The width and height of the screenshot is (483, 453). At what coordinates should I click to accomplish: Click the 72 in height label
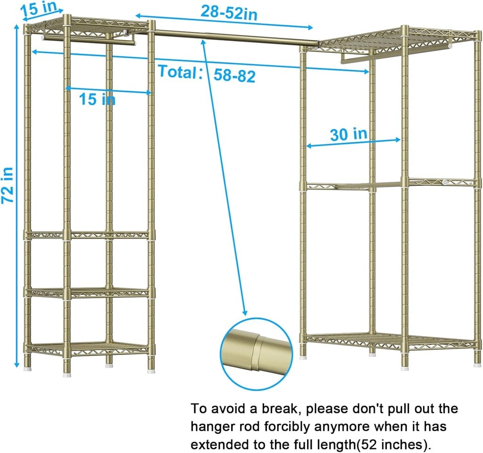8,185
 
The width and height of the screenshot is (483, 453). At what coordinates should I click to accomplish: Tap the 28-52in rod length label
229,13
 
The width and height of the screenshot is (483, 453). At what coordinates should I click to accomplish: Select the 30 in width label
349,134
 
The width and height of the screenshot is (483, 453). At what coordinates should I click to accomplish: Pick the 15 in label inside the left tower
97,99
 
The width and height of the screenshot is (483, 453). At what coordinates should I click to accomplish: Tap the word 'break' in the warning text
279,409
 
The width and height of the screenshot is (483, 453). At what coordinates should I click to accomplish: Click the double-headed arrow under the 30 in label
354,143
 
